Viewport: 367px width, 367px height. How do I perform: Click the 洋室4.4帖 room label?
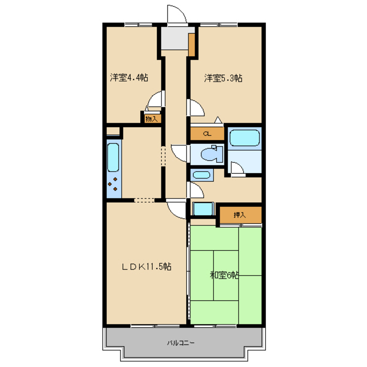pos(129,77)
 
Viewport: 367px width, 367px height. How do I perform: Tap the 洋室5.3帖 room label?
pos(223,78)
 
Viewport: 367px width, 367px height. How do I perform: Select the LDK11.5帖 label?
pos(147,266)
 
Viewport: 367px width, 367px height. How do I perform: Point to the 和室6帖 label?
pos(224,275)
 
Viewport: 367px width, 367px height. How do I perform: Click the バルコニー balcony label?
pos(181,343)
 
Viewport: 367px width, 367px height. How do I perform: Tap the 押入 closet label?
pos(240,215)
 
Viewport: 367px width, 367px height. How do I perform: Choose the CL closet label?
pos(207,134)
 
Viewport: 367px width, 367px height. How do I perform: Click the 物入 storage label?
pos(152,119)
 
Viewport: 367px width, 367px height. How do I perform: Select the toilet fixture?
pos(212,154)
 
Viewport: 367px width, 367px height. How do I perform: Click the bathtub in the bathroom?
pos(244,138)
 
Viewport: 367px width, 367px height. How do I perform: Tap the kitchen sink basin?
pos(113,157)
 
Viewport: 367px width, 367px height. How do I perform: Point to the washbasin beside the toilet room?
pos(201,175)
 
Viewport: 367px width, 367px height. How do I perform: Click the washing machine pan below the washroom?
pos(203,209)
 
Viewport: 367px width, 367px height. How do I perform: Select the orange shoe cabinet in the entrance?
pos(192,45)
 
